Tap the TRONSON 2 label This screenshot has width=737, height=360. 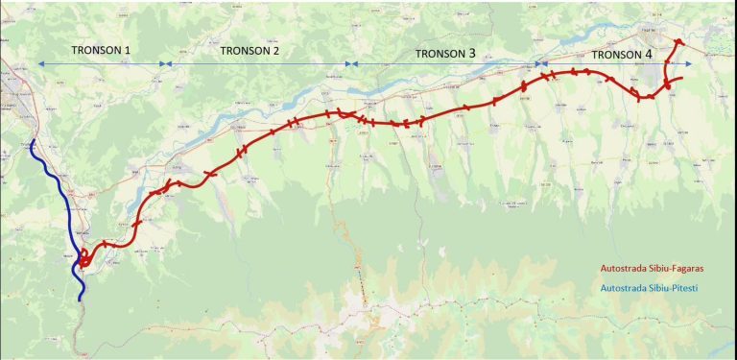point(250,50)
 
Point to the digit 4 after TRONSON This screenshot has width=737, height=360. point(648,55)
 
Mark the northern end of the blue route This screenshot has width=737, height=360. point(33,142)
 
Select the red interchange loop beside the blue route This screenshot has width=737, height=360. point(86,258)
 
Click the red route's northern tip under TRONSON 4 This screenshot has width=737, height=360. point(678,41)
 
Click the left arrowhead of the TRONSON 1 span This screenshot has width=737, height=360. point(39,64)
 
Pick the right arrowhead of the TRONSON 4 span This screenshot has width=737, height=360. point(688,64)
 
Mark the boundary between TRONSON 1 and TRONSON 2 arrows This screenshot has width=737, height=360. point(165,64)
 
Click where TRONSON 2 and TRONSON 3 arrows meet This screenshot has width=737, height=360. point(352,64)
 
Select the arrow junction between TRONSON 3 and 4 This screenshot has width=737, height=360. point(540,64)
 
